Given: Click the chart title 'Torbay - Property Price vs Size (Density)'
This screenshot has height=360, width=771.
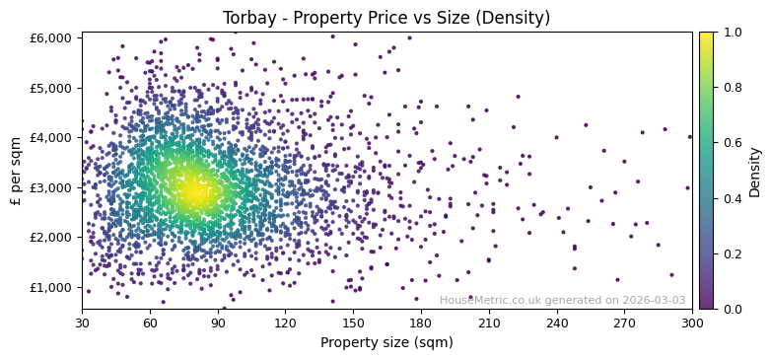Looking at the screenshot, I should pos(386,18).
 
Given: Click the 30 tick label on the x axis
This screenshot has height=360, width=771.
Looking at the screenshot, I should pos(82,323).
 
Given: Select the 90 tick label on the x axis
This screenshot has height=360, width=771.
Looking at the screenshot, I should pos(217,323).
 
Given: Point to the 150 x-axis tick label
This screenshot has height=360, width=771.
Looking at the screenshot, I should pos(353,323).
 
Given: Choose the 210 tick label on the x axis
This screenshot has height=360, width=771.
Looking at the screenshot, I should pos(488,323).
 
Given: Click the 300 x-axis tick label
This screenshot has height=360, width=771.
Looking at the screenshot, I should pos(692,323).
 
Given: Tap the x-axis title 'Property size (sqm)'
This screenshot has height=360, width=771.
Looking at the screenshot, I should pos(386,342).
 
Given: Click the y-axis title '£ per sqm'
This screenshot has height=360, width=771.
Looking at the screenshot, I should pos(16,171).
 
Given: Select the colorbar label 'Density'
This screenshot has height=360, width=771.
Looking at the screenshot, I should pos(755,171).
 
